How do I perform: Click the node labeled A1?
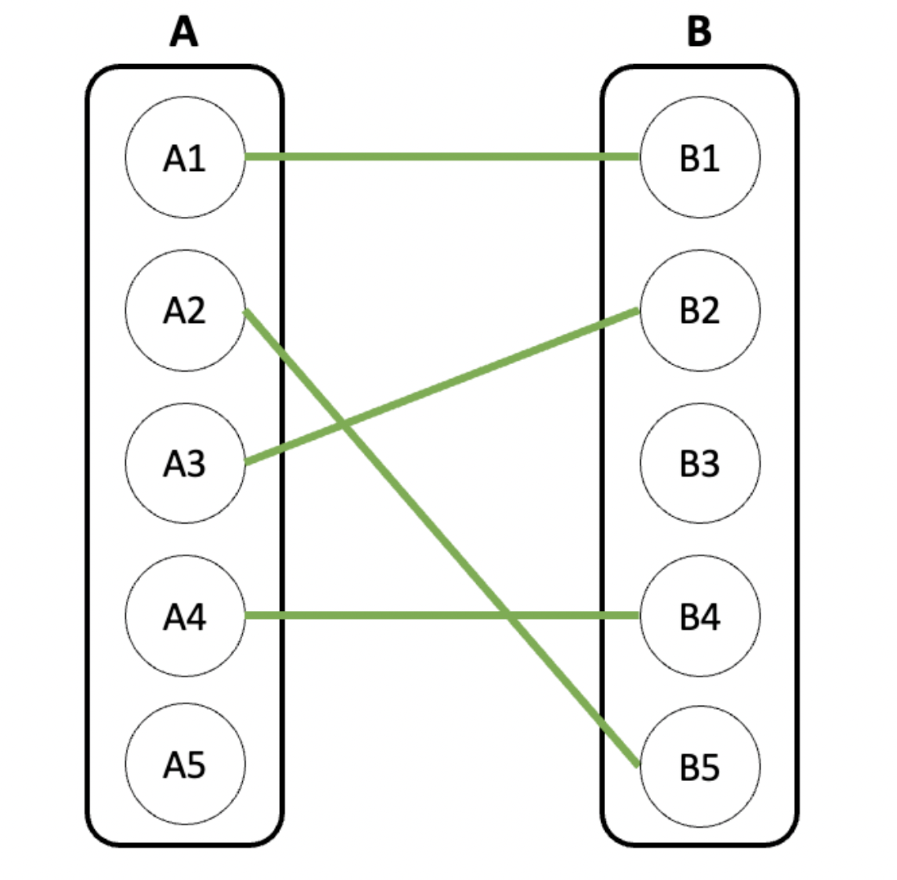tap(185, 157)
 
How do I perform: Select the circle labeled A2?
tap(185, 310)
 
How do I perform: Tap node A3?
tap(185, 463)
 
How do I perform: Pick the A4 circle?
tap(185, 616)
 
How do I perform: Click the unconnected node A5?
tap(185, 764)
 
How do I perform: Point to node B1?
tap(700, 157)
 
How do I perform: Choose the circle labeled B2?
tap(700, 310)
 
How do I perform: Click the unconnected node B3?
tap(700, 463)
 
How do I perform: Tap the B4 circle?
tap(700, 616)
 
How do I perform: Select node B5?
tap(700, 767)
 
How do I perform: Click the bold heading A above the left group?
tap(184, 32)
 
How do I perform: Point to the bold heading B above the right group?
tap(699, 32)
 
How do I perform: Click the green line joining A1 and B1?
tap(442, 157)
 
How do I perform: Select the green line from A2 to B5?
tap(441, 538)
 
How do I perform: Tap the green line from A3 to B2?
tap(441, 386)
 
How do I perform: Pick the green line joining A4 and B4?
tap(442, 616)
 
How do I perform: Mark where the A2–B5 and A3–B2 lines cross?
tap(343, 424)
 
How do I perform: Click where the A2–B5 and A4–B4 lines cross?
tap(508, 616)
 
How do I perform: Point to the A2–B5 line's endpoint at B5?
tap(638, 764)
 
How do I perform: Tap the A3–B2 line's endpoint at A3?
tap(245, 462)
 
